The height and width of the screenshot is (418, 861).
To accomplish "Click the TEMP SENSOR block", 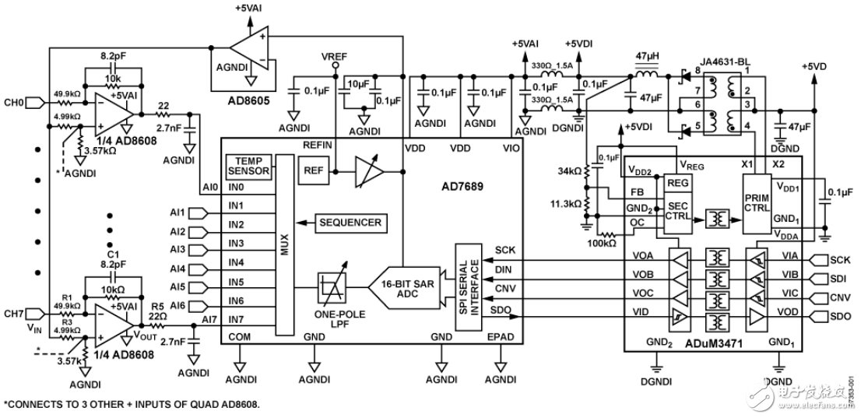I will coord(248,166).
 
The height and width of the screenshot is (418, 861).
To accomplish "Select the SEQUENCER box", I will coord(350,223).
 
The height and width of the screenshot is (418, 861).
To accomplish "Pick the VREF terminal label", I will coord(334,58).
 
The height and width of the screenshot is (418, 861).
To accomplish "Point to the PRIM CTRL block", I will coord(757,203).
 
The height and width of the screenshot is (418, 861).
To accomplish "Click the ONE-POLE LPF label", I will coord(329,317).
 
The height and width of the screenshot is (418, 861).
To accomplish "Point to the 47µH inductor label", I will coord(645,56).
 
